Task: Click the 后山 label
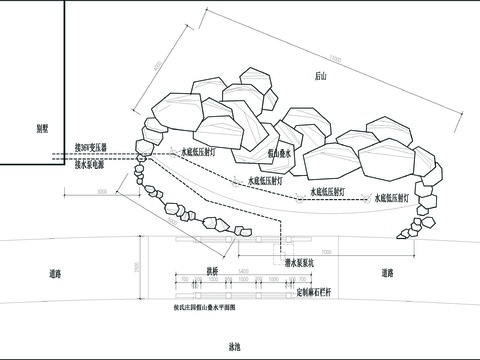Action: (x=321, y=75)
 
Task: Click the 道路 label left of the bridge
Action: (x=55, y=273)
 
